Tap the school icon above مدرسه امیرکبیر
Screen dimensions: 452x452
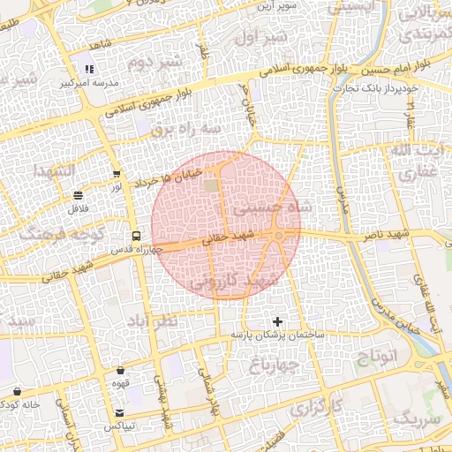[x=88, y=69]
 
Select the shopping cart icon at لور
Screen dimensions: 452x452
[x=117, y=174]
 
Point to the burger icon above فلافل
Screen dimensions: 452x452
[x=79, y=195]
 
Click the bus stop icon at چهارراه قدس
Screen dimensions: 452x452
[x=136, y=236]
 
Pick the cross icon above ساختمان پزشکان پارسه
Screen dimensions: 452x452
[x=278, y=321]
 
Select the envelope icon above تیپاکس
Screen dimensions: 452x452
[x=120, y=413]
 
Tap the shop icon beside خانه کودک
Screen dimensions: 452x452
[x=18, y=391]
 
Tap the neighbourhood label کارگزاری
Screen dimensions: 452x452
[x=316, y=408]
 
